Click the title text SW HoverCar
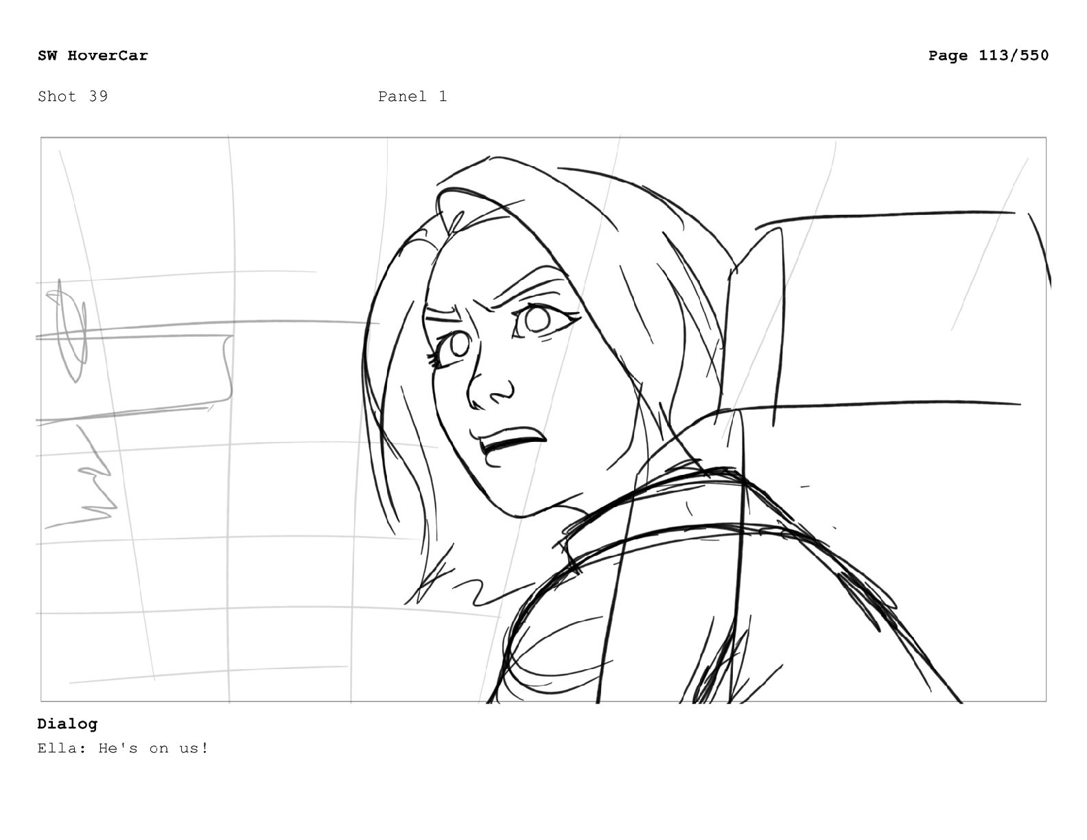pos(93,55)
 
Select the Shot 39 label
pos(73,96)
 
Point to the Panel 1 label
pos(412,96)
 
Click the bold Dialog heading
pos(67,723)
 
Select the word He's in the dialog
pos(118,748)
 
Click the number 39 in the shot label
pos(98,96)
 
